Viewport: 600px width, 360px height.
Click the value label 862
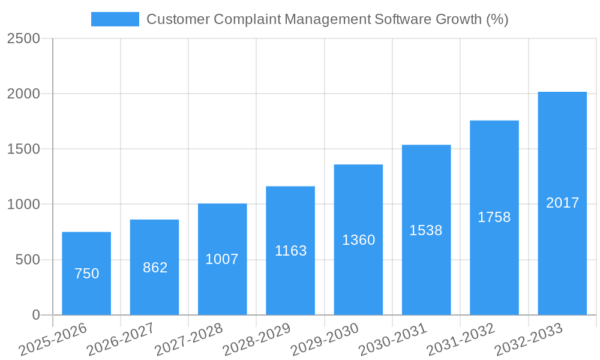click(155, 268)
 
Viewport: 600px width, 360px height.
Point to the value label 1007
click(222, 259)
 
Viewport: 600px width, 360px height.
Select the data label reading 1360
click(358, 240)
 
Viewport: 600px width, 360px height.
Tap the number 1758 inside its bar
click(494, 217)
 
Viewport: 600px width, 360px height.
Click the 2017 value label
click(562, 203)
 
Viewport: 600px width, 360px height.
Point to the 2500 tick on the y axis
click(23, 38)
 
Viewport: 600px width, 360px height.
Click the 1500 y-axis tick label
click(23, 149)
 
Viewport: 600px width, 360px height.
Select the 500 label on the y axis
click(28, 260)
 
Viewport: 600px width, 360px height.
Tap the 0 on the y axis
click(35, 315)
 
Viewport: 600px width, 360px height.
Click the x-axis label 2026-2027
click(121, 340)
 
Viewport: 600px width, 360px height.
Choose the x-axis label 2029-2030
click(325, 340)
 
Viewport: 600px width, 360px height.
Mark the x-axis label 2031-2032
click(461, 340)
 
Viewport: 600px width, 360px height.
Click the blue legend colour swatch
click(115, 19)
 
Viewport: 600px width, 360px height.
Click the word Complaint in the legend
click(247, 19)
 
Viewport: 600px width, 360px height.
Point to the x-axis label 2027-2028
click(188, 340)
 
